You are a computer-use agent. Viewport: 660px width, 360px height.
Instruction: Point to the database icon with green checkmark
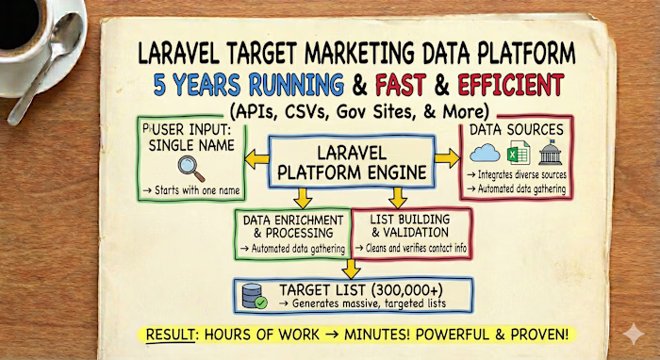tap(253, 294)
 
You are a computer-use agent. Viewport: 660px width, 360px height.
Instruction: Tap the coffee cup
tap(28, 24)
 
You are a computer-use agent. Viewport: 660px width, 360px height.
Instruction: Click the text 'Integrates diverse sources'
tap(523, 174)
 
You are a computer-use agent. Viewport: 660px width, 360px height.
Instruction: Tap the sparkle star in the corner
tap(634, 335)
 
